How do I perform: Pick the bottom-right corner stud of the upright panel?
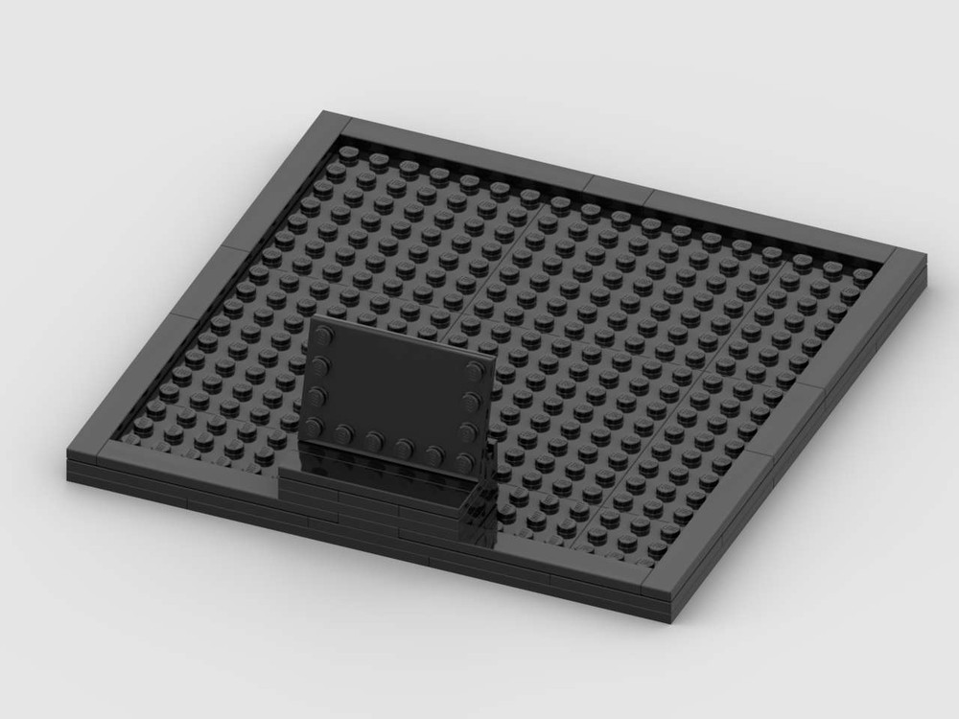pos(468,457)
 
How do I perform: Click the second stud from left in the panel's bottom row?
pos(346,432)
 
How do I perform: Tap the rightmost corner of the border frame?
pos(925,255)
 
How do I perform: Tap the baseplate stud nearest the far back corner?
pos(351,151)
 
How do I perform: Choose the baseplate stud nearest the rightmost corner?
pos(863,275)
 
